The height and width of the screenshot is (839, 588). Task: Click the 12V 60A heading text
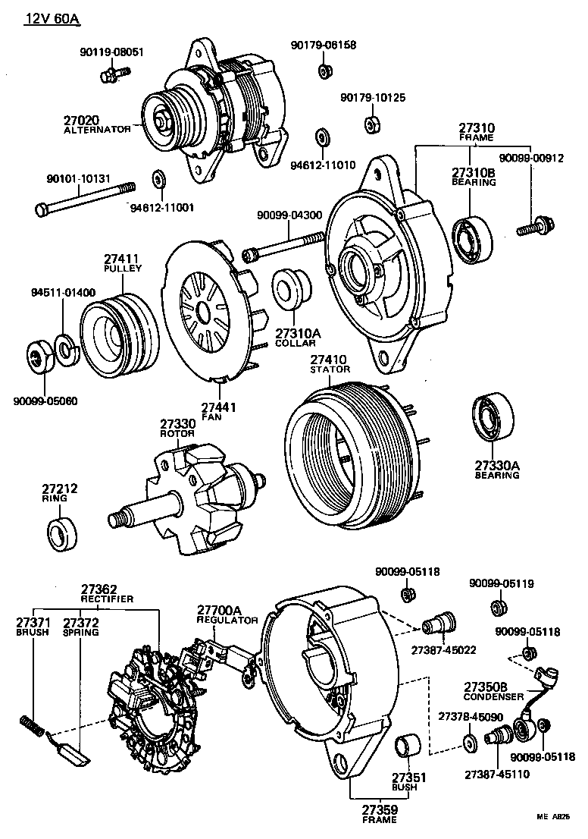click(x=52, y=17)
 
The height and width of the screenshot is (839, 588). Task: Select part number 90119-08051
click(x=111, y=52)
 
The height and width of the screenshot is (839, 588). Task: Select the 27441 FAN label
click(x=219, y=412)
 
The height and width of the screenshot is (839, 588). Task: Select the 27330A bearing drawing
click(x=493, y=418)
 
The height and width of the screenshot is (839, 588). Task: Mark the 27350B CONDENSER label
click(x=493, y=691)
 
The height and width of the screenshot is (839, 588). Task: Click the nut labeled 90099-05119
click(x=498, y=608)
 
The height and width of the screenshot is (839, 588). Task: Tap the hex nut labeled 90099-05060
click(x=38, y=357)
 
